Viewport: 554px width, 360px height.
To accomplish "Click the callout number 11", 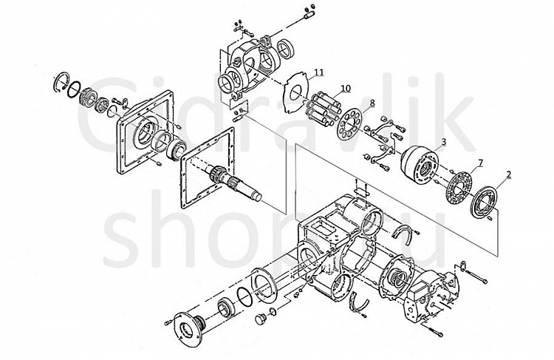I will point(318,72).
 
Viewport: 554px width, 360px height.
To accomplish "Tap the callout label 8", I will point(372,102).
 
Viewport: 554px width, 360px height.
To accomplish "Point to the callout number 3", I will point(443,141).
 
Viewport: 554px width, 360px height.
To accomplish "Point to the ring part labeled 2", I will point(488,200).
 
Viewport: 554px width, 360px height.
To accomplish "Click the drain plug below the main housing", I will point(259,319).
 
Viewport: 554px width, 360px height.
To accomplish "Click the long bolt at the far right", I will point(479,280).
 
